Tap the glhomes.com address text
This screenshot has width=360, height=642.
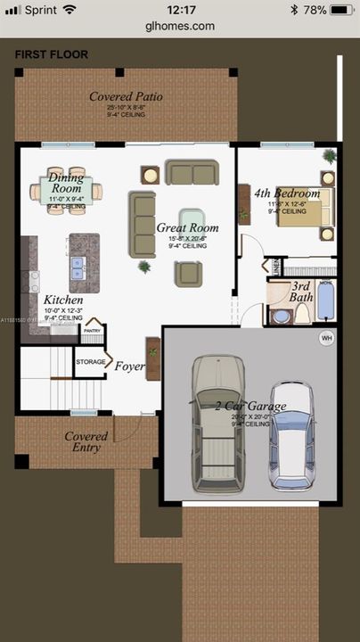coord(179,26)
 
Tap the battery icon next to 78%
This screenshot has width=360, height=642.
coord(341,9)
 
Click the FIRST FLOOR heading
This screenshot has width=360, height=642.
coord(51,54)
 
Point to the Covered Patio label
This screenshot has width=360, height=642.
coord(126,96)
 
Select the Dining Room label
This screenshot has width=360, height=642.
coord(66,183)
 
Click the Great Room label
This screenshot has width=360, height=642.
coord(187,228)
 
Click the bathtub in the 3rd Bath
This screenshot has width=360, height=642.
coord(325,302)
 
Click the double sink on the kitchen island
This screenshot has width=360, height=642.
coord(78,264)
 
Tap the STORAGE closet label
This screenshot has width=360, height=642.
coord(90,361)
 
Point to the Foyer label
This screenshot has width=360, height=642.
coord(129,365)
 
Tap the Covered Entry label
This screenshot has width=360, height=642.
coord(86,441)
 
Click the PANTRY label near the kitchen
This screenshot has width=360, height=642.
coord(92,330)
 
